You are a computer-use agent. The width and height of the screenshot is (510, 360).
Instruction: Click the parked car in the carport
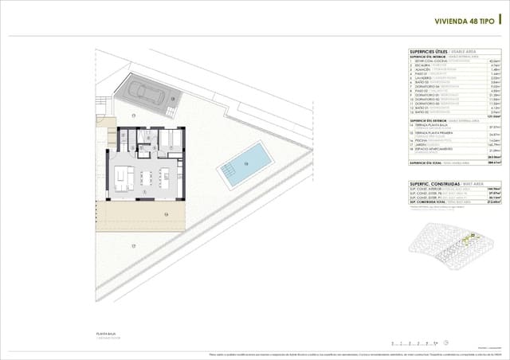[x=149, y=93]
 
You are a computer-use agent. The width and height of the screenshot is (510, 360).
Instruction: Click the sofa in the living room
[x=120, y=176]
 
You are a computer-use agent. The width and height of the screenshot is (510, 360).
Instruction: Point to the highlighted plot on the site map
[x=472, y=237]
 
